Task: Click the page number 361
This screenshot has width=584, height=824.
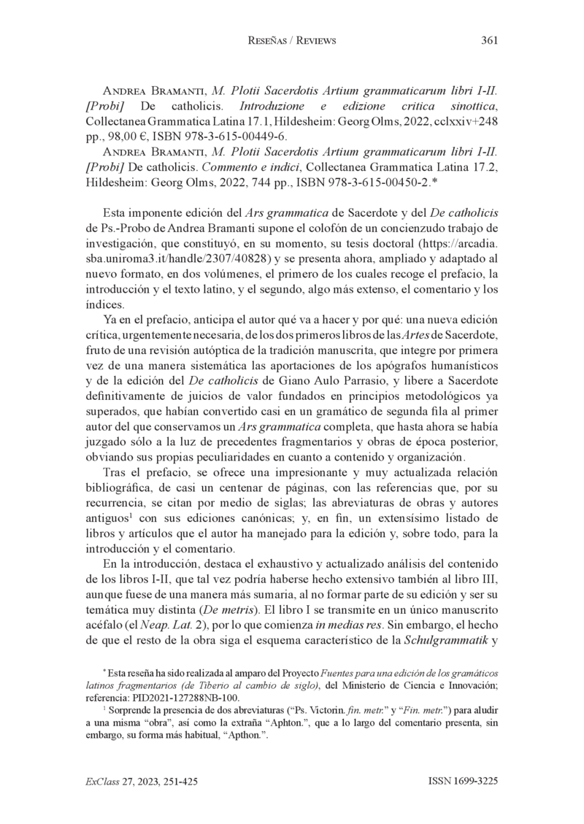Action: click(490, 41)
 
